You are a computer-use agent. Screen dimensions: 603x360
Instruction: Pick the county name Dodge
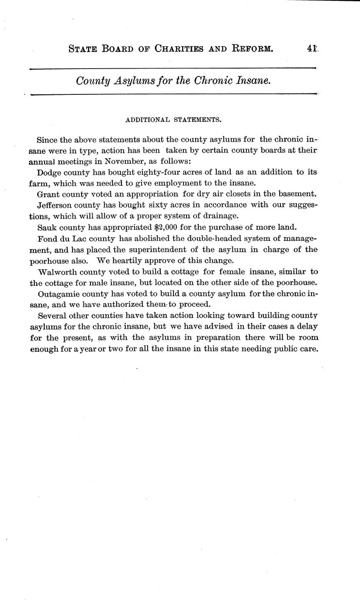pos(50,172)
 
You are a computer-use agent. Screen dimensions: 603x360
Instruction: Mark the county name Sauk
pos(47,227)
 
